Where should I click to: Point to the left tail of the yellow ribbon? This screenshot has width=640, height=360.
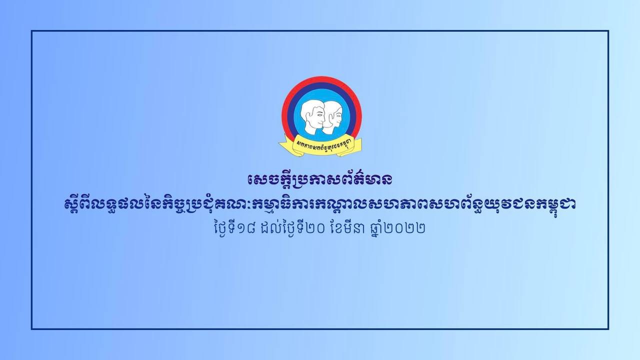(x=285, y=145)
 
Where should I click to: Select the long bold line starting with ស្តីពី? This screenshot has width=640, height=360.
(x=320, y=204)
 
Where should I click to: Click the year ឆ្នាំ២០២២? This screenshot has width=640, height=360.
(x=395, y=228)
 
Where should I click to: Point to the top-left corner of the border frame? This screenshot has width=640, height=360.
(x=31, y=31)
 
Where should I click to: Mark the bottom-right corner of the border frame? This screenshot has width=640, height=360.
(x=608, y=329)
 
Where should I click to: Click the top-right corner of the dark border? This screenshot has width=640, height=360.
(x=608, y=31)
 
